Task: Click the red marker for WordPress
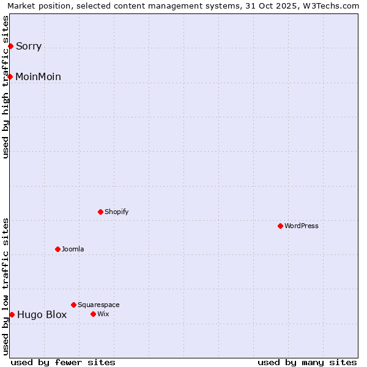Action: (280, 226)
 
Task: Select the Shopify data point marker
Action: (100, 212)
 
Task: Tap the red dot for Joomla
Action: (57, 249)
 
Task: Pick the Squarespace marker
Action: (73, 305)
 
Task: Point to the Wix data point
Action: (93, 314)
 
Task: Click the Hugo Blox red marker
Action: (12, 314)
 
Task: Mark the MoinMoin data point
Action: (10, 76)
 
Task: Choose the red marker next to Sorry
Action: (10, 46)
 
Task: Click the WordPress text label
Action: (302, 226)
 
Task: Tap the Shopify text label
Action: (116, 212)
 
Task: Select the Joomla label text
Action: (73, 249)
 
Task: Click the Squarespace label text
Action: (98, 305)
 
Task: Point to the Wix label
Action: (103, 314)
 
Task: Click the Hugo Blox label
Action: (42, 315)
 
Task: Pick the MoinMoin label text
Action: (38, 76)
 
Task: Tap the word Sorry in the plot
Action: (29, 46)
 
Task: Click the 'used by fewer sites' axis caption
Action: (63, 362)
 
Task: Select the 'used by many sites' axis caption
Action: (307, 362)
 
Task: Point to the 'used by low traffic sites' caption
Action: (6, 286)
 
